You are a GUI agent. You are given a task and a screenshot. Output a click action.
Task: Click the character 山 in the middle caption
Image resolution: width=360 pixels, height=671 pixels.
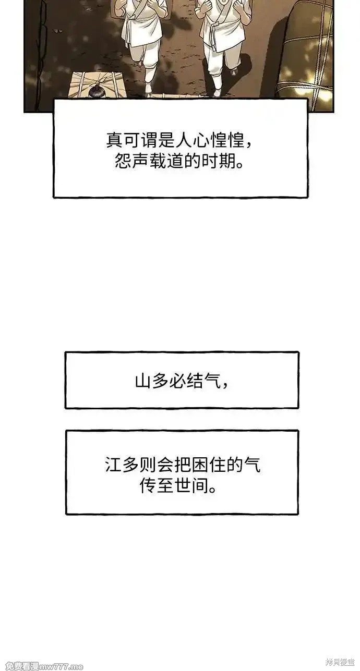coord(143,381)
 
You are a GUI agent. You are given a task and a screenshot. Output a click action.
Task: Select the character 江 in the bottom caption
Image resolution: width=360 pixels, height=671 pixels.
coord(113,465)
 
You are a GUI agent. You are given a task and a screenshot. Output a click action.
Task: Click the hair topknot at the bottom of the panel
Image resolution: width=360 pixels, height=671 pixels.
coord(96,91)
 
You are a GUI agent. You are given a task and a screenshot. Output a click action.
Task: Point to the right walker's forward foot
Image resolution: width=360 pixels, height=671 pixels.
coord(218,90)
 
